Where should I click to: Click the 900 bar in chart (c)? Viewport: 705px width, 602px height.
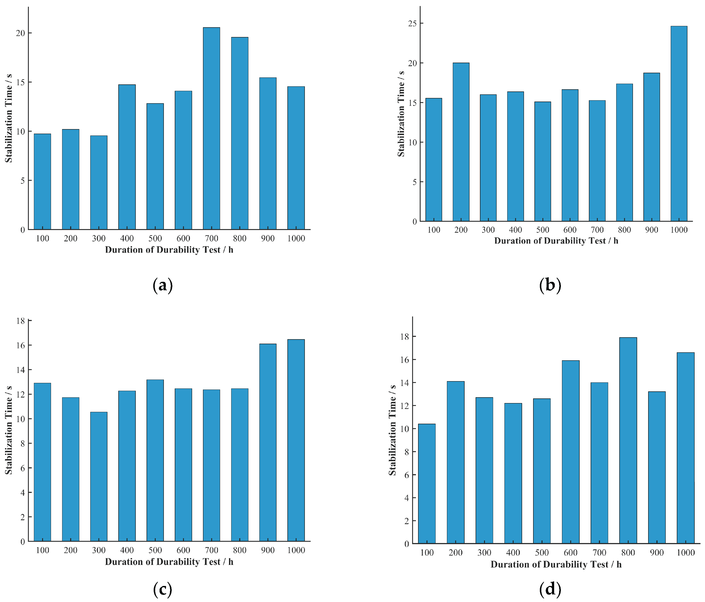268,442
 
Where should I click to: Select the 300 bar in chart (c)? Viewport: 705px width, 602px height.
99,476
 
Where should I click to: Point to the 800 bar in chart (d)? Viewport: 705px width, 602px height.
628,440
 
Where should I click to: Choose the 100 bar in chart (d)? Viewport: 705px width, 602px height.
427,483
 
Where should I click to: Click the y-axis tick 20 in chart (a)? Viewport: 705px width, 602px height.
20,33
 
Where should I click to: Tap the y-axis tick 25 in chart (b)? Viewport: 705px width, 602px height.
412,23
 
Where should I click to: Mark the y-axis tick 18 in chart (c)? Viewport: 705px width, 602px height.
20,321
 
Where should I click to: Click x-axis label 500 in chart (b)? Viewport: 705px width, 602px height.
542,230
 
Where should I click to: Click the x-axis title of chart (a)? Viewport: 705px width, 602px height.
169,250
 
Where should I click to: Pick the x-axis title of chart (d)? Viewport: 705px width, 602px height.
556,565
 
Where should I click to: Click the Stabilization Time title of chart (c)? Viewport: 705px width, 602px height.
8,431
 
